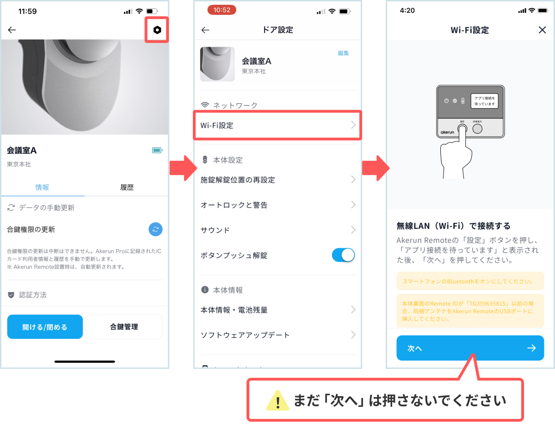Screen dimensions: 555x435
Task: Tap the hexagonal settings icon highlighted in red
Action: [x=157, y=30]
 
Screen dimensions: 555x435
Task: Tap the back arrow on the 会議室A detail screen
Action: [x=12, y=30]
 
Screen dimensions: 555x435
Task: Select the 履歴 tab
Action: [x=127, y=187]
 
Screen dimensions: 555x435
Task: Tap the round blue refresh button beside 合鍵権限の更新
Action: [x=155, y=229]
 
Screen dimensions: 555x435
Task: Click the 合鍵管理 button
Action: [x=124, y=326]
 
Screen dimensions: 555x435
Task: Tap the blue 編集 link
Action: [x=343, y=53]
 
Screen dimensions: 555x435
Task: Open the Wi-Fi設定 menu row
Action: [x=277, y=125]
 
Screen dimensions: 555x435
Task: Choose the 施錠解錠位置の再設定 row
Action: [x=277, y=180]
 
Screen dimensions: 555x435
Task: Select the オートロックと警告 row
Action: [x=277, y=205]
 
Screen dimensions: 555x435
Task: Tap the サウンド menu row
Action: [x=277, y=230]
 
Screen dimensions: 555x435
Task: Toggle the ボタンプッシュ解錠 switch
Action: [x=343, y=255]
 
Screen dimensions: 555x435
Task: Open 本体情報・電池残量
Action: [x=277, y=310]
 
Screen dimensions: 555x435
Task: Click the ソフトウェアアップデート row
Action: [x=277, y=335]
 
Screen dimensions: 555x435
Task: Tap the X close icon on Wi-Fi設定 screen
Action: [x=542, y=30]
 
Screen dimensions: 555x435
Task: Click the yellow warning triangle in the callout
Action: [x=277, y=400]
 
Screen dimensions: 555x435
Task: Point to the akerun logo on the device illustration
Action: [x=447, y=132]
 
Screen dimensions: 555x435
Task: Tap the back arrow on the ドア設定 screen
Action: [x=205, y=30]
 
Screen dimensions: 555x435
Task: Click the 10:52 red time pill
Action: [x=222, y=10]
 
